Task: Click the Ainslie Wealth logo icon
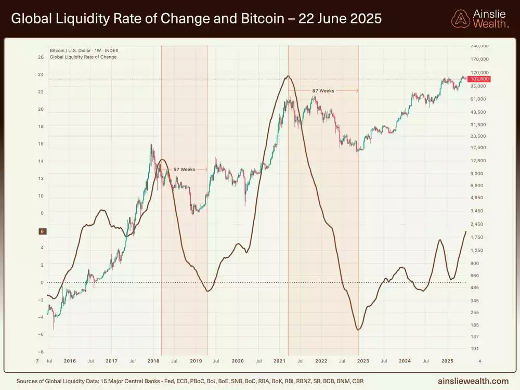[460, 19]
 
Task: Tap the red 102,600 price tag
[479, 79]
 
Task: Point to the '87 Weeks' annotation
[323, 90]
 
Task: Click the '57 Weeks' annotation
[184, 170]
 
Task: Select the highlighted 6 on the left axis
[41, 231]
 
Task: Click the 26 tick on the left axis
[41, 57]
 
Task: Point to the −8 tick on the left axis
[41, 352]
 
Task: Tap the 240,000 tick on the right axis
[479, 46]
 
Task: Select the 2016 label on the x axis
[69, 360]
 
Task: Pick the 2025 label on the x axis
[447, 360]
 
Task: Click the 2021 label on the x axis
[279, 360]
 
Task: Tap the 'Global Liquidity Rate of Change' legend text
[83, 57]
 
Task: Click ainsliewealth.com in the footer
[474, 381]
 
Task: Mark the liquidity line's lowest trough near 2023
[358, 329]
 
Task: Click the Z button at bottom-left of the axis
[37, 360]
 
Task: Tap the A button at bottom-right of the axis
[479, 360]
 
